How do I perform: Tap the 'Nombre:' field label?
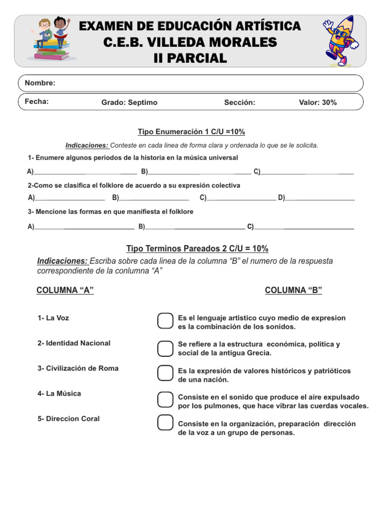click(x=40, y=83)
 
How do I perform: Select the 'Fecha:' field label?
click(x=37, y=101)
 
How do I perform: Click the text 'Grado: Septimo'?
click(x=129, y=102)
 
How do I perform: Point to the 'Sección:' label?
click(x=239, y=102)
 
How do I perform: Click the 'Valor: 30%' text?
click(x=317, y=102)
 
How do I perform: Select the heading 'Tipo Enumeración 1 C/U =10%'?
click(x=191, y=132)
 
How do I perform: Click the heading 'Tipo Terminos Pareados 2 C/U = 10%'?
click(x=197, y=249)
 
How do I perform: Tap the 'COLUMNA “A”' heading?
click(x=65, y=290)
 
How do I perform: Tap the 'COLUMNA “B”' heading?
click(x=293, y=290)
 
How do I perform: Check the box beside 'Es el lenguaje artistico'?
click(x=165, y=321)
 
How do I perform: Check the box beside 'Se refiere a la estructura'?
click(x=165, y=348)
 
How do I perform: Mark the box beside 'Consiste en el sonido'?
click(x=165, y=399)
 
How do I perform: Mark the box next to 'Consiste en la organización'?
click(x=165, y=423)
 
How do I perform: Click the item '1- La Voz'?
click(x=53, y=318)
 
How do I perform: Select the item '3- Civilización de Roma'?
click(x=78, y=368)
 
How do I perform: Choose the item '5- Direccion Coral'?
click(x=68, y=419)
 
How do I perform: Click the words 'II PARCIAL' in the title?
click(x=190, y=59)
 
